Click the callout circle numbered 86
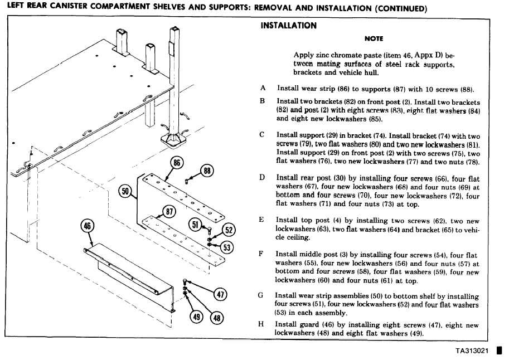tap(177, 162)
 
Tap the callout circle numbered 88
tap(207, 171)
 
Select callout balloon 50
tap(125, 191)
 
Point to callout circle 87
tap(169, 212)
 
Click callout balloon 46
tap(88, 226)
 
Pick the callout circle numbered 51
tap(195, 225)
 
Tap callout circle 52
tap(229, 230)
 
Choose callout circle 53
tap(227, 247)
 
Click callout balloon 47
tap(220, 294)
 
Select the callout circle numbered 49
tap(196, 317)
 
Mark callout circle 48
tap(217, 318)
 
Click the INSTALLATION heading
tap(288, 26)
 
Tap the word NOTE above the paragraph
tap(374, 38)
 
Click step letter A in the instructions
tap(263, 88)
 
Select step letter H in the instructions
tap(261, 324)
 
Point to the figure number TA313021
tap(472, 351)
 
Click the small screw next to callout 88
tap(187, 181)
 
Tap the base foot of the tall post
tap(174, 140)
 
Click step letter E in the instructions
tap(261, 220)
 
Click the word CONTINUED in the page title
tap(401, 8)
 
